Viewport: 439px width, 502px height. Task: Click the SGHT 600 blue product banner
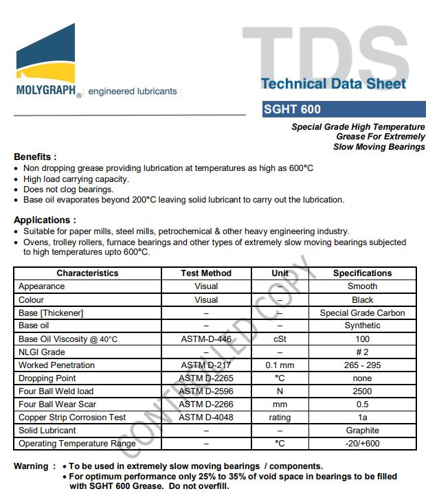point(344,109)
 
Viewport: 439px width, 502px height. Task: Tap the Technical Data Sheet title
point(333,84)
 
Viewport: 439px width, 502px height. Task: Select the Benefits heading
point(35,157)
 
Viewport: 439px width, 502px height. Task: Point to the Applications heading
point(45,220)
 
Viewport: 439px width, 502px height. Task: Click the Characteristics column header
point(87,273)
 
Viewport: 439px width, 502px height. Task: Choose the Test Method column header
point(206,273)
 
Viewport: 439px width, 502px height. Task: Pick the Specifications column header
point(362,273)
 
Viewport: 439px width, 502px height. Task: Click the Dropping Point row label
point(47,378)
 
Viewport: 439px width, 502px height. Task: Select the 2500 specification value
point(362,391)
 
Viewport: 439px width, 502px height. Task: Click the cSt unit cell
point(280,339)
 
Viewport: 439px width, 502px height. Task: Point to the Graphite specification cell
point(362,431)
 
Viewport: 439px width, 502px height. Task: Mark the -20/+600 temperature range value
point(362,444)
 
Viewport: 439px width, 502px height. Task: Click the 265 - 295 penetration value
point(362,365)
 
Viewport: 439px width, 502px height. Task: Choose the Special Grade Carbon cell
point(362,313)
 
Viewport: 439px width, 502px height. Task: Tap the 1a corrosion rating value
point(362,418)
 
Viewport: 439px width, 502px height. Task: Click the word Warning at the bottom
point(31,466)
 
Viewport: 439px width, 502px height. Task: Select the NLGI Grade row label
point(42,352)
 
